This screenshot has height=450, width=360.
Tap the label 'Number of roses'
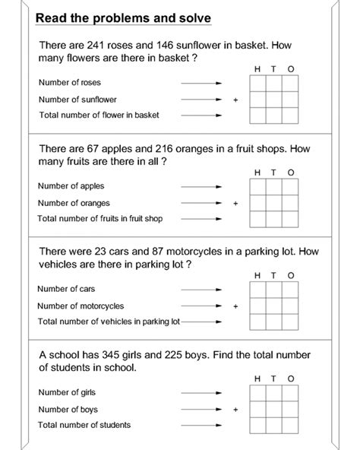pyautogui.click(x=69, y=82)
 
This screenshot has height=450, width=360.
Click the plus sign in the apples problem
pyautogui.click(x=235, y=203)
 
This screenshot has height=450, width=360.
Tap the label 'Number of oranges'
pyautogui.click(x=74, y=203)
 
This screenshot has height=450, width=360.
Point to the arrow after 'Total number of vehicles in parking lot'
pyautogui.click(x=201, y=322)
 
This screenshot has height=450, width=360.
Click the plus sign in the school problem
pyautogui.click(x=235, y=409)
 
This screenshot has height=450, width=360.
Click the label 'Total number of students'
pyautogui.click(x=84, y=425)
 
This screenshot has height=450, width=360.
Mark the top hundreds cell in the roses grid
pyautogui.click(x=258, y=82)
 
